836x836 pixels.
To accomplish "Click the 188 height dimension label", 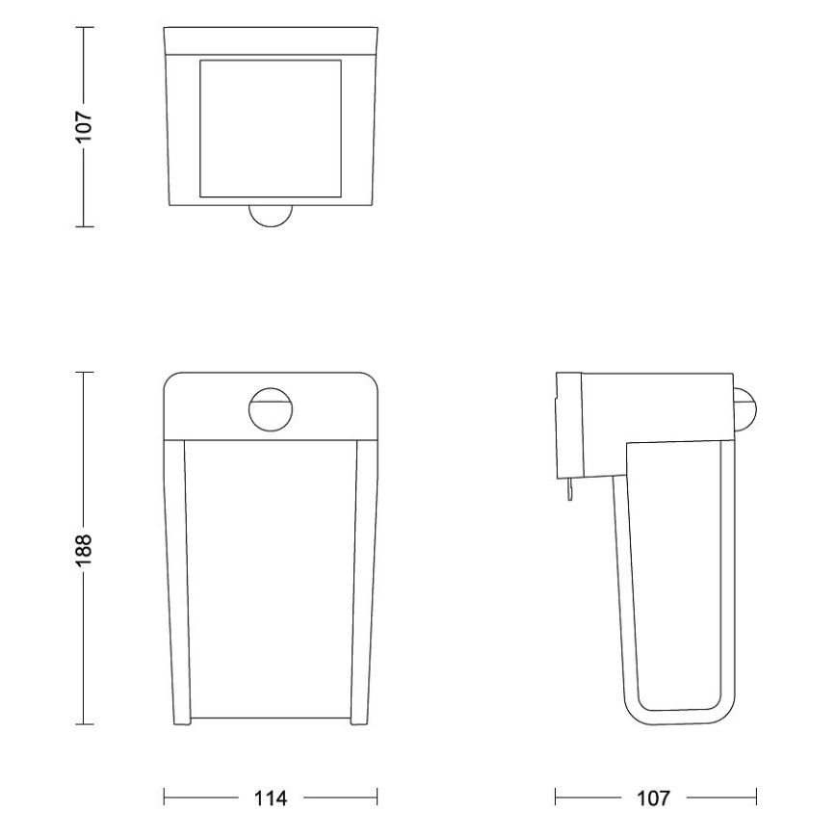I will (x=85, y=547).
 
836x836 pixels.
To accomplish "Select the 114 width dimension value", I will (x=271, y=797).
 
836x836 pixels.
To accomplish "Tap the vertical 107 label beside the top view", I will (x=85, y=126).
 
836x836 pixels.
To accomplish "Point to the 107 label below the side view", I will (x=657, y=797).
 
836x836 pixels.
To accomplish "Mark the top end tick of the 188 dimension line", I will (x=85, y=371).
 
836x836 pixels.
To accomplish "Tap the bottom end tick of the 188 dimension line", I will (x=85, y=724).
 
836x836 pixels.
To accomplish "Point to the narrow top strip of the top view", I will (x=271, y=40).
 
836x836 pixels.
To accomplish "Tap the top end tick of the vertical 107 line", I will (x=85, y=28).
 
